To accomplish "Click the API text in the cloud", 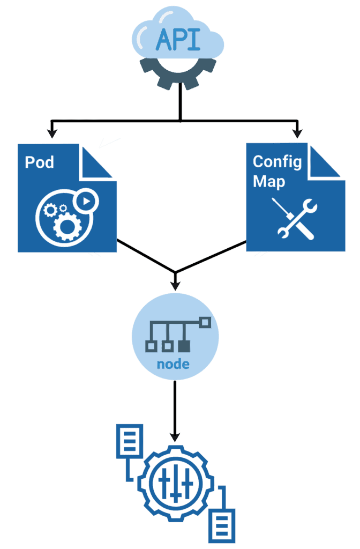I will pos(178,40).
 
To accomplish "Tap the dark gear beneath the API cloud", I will pos(178,75).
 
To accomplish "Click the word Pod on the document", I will pos(40,161).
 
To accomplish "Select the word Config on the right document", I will pos(277,161).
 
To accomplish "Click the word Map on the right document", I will pos(269,181).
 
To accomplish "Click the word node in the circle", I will pos(174,365).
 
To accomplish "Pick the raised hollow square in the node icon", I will pos(205,322).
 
